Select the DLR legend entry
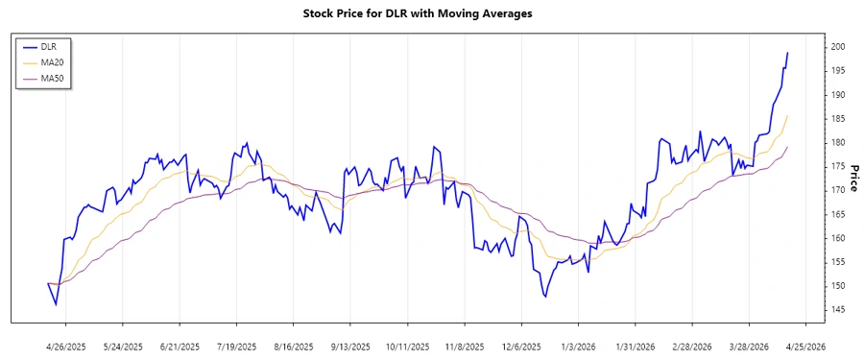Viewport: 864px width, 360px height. [48, 45]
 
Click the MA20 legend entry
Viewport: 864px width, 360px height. [52, 61]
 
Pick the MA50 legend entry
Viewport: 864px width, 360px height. [52, 78]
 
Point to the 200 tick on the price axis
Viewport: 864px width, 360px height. [837, 47]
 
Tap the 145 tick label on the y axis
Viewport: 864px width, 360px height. [837, 309]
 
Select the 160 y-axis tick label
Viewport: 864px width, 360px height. [837, 238]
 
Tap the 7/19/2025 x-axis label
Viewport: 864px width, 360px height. [236, 346]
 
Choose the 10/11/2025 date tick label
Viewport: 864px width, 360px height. [406, 346]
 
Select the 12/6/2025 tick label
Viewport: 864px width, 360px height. [520, 346]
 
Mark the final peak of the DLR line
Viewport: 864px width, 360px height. [788, 53]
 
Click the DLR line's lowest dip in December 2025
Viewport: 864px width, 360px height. [545, 297]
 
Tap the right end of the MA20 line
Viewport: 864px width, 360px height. [788, 115]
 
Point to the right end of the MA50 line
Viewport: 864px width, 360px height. [788, 147]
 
